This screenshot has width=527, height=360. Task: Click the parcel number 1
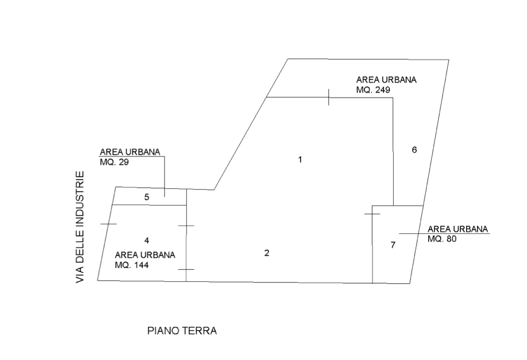(x=300, y=159)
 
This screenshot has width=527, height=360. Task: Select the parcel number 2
(x=267, y=253)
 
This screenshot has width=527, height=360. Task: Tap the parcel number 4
(x=146, y=240)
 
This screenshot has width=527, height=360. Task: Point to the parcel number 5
(x=146, y=197)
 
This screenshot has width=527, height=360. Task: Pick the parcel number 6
(x=414, y=150)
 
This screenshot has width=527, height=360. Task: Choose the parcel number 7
(x=393, y=245)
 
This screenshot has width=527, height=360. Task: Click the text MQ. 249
(x=373, y=90)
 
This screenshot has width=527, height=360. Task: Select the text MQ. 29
(x=114, y=162)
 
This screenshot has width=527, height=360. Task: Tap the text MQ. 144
(x=132, y=265)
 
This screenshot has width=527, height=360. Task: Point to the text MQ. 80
(x=442, y=239)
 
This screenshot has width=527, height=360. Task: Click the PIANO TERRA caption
(x=182, y=331)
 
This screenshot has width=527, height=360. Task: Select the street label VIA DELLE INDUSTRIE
(x=80, y=227)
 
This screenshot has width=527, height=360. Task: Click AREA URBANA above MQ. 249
(x=386, y=80)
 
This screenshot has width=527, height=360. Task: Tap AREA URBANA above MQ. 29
(x=130, y=152)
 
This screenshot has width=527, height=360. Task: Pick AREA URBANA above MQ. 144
(x=145, y=255)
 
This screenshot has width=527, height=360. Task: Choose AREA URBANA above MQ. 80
(x=458, y=229)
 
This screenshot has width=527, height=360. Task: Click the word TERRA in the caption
(x=200, y=331)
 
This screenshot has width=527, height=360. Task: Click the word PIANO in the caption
(x=163, y=331)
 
